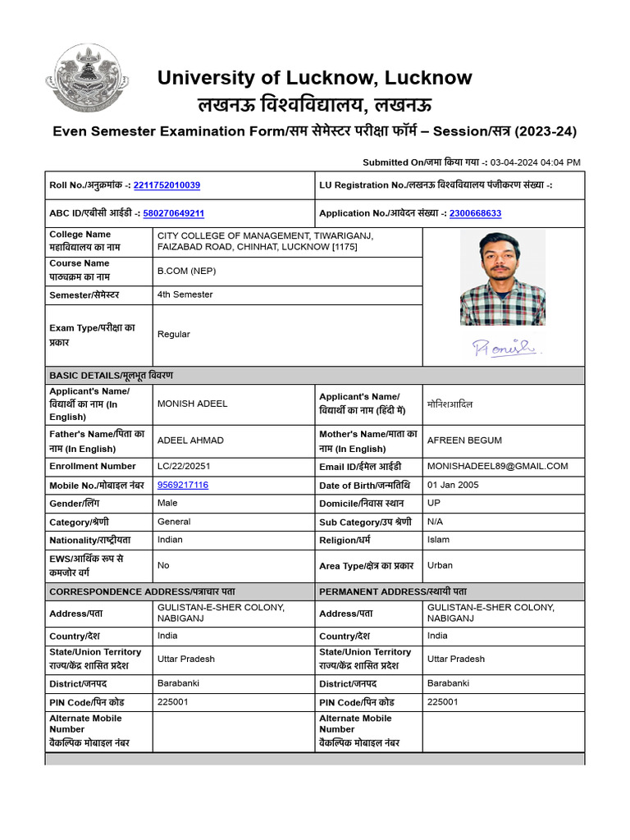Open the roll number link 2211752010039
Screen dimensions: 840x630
pos(167,185)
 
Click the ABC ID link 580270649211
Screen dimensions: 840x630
pos(173,213)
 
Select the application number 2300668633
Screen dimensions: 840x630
pos(475,213)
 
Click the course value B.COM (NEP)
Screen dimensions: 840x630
pos(187,271)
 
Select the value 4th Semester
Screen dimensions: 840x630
pos(185,294)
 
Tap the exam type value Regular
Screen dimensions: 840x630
pos(173,334)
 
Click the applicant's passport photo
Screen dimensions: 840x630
pos(502,277)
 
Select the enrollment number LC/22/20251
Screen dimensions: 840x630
pos(188,466)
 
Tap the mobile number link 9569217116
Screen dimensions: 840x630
pos(183,485)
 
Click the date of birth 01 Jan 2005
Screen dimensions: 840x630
pos(453,485)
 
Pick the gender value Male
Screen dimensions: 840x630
pos(167,503)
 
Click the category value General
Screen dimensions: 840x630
pos(174,522)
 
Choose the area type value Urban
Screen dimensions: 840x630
pos(440,565)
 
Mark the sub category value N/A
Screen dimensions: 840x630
pos(435,522)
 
